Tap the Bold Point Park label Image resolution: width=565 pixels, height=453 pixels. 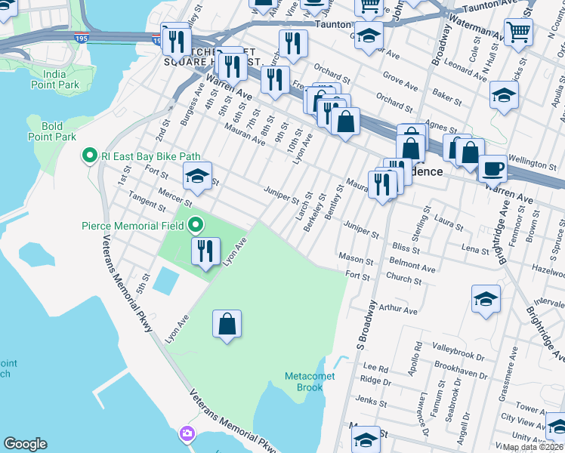52,131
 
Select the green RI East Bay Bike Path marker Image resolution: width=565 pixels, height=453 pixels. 89,156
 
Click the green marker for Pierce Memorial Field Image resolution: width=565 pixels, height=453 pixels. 196,225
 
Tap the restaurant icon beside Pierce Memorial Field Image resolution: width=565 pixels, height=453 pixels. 205,251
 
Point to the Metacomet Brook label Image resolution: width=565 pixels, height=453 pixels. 304,382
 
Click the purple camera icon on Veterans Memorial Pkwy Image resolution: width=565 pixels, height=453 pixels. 186,433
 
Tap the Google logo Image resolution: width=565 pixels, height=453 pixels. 25,444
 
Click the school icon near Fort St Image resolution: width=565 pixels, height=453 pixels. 197,176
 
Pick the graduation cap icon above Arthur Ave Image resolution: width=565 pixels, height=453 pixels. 486,298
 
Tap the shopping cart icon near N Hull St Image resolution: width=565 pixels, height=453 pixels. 519,32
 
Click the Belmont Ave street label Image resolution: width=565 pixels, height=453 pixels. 412,268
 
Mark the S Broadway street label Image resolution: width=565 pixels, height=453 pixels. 367,325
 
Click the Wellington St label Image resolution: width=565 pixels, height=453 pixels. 533,163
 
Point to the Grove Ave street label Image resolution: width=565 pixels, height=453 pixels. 400,77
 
